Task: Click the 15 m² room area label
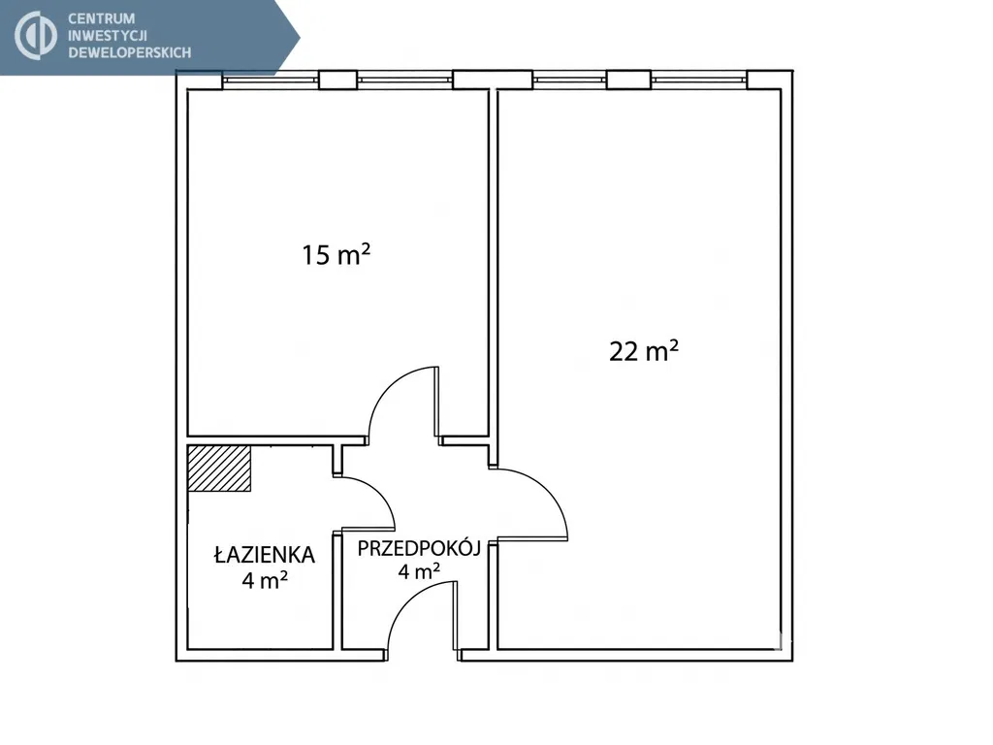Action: [336, 255]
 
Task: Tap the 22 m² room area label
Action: [644, 350]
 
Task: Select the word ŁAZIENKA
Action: [264, 554]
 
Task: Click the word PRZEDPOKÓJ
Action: [419, 548]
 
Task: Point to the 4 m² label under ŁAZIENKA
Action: [265, 579]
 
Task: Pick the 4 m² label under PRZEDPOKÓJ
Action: [419, 571]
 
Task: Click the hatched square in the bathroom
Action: [219, 469]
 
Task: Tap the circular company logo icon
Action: [36, 36]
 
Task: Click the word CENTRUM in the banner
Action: [101, 19]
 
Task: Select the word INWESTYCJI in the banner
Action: [108, 36]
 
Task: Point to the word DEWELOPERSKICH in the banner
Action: [130, 52]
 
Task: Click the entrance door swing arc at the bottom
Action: [405, 601]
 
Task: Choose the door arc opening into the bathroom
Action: [377, 490]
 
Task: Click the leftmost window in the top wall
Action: [271, 81]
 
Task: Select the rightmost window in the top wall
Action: [698, 81]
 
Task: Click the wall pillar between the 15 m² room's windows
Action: [337, 80]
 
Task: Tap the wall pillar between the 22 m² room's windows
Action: [628, 80]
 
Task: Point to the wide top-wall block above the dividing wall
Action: [493, 80]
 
